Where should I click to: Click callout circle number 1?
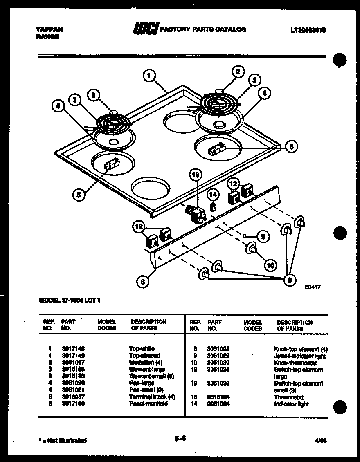(149, 75)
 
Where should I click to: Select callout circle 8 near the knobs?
(290, 280)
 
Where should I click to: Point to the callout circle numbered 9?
(263, 236)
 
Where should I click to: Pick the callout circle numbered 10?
(270, 265)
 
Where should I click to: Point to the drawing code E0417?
(313, 287)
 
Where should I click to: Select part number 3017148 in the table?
(73, 349)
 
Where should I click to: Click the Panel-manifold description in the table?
(148, 404)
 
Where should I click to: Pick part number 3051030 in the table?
(218, 363)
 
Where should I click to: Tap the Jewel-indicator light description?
(299, 356)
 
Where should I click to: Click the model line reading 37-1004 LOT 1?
(69, 300)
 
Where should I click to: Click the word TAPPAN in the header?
(49, 30)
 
